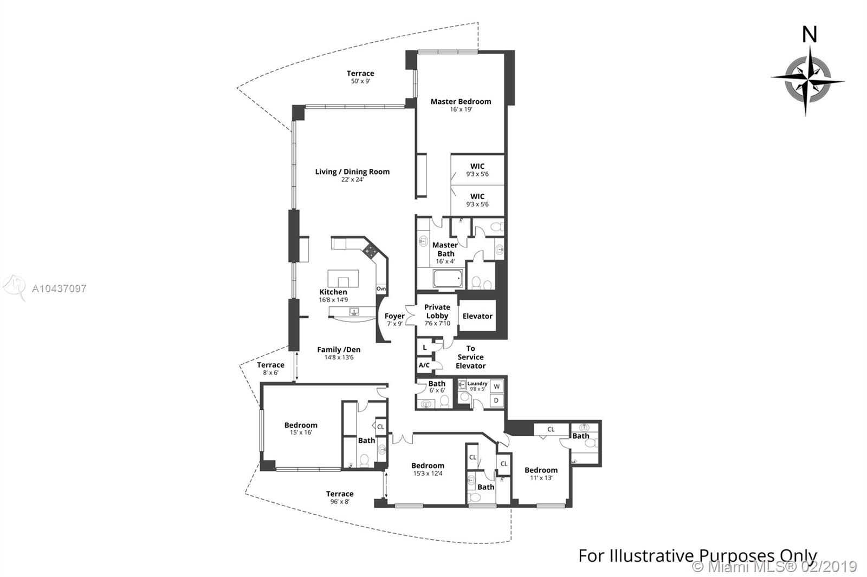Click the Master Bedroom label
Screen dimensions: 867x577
461,102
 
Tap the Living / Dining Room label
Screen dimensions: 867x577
352,172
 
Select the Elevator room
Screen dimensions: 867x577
477,316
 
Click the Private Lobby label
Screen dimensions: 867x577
437,311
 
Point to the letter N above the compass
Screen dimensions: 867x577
810,35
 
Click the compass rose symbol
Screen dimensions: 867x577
807,81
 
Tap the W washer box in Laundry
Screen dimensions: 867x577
496,386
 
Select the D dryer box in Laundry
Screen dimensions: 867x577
496,401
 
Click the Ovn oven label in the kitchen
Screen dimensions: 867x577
381,289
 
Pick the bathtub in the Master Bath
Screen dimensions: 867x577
448,278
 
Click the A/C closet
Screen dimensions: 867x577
424,365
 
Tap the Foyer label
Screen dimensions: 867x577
394,316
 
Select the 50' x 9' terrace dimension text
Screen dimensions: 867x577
360,81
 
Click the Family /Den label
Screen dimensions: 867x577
339,350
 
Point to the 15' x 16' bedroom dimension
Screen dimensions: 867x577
301,432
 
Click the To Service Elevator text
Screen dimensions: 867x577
470,357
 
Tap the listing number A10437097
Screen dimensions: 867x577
59,289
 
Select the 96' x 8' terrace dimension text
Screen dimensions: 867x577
339,502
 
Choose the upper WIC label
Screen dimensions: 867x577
477,166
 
